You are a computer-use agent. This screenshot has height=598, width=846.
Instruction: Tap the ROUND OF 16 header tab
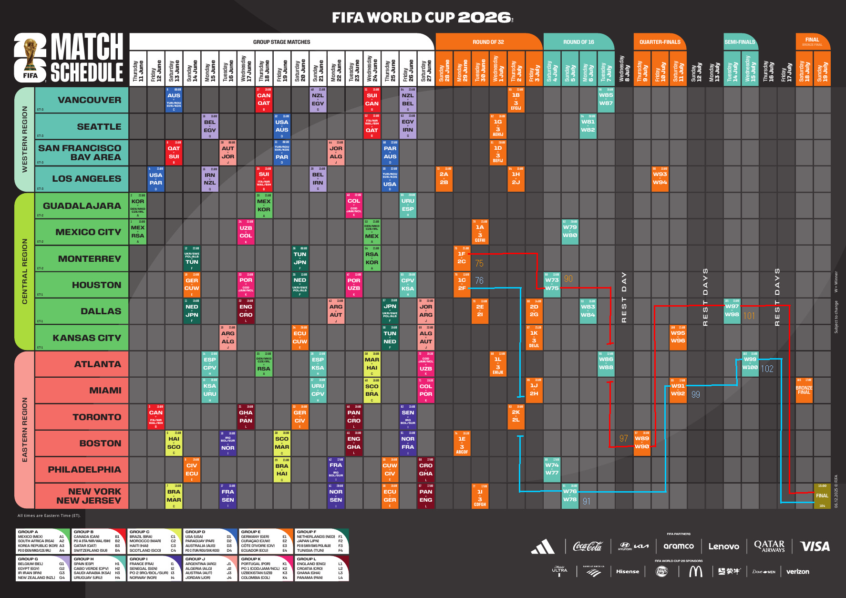point(578,42)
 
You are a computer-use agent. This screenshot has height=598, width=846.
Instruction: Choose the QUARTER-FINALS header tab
point(660,42)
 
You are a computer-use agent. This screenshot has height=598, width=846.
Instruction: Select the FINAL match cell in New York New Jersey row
point(822,496)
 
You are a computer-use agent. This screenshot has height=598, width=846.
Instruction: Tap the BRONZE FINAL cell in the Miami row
point(804,390)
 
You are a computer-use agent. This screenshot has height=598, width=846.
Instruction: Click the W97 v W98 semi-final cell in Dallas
point(732,311)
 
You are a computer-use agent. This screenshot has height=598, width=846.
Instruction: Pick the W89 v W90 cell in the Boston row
point(642,443)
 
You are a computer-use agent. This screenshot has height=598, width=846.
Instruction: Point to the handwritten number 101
point(749,316)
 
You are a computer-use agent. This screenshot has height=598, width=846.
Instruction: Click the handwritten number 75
point(479,263)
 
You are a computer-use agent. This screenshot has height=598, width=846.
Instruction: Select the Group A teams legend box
point(43,541)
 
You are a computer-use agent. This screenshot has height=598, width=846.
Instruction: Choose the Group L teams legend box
point(322,568)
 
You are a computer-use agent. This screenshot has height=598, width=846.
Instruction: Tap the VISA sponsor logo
point(815,546)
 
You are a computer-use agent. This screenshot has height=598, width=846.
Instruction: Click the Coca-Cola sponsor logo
point(587,546)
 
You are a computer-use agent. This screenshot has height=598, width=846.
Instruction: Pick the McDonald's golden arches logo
point(696,571)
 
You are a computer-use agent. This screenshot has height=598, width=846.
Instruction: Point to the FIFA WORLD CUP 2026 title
point(423,18)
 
